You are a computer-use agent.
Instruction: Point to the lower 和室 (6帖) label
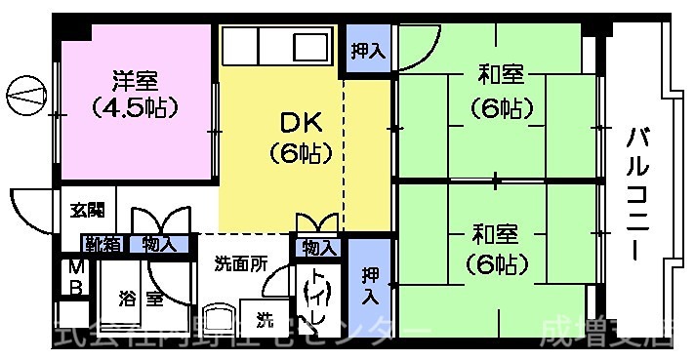pyautogui.click(x=498, y=248)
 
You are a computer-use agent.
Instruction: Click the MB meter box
pyautogui.click(x=75, y=278)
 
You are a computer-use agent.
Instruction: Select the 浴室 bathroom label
pyautogui.click(x=143, y=299)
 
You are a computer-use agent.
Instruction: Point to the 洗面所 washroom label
pyautogui.click(x=240, y=263)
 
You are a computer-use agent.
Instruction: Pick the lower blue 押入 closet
pyautogui.click(x=369, y=283)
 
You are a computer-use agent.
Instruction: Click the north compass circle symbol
pyautogui.click(x=25, y=95)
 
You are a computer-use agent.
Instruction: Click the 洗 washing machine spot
pyautogui.click(x=265, y=317)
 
